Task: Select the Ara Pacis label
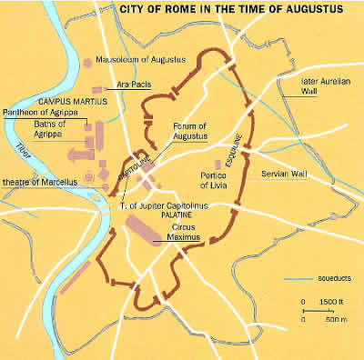[x=132, y=84]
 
